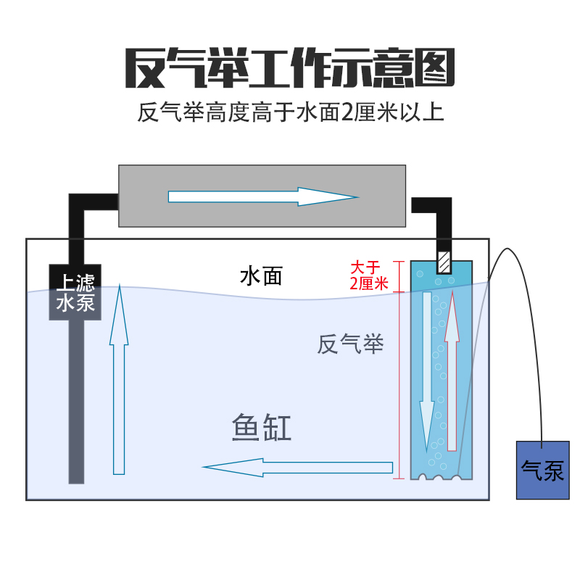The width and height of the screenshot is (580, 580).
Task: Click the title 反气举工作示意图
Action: coord(290,68)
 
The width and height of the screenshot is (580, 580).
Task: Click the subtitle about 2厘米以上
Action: coord(290,114)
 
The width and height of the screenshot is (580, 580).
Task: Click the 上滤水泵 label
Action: coord(75,292)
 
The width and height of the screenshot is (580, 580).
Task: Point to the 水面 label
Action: coord(260,276)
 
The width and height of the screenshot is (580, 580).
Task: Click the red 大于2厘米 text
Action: coord(369,275)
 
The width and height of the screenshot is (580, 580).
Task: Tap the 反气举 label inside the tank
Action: coord(349,344)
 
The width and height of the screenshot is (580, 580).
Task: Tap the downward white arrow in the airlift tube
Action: coord(427,377)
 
